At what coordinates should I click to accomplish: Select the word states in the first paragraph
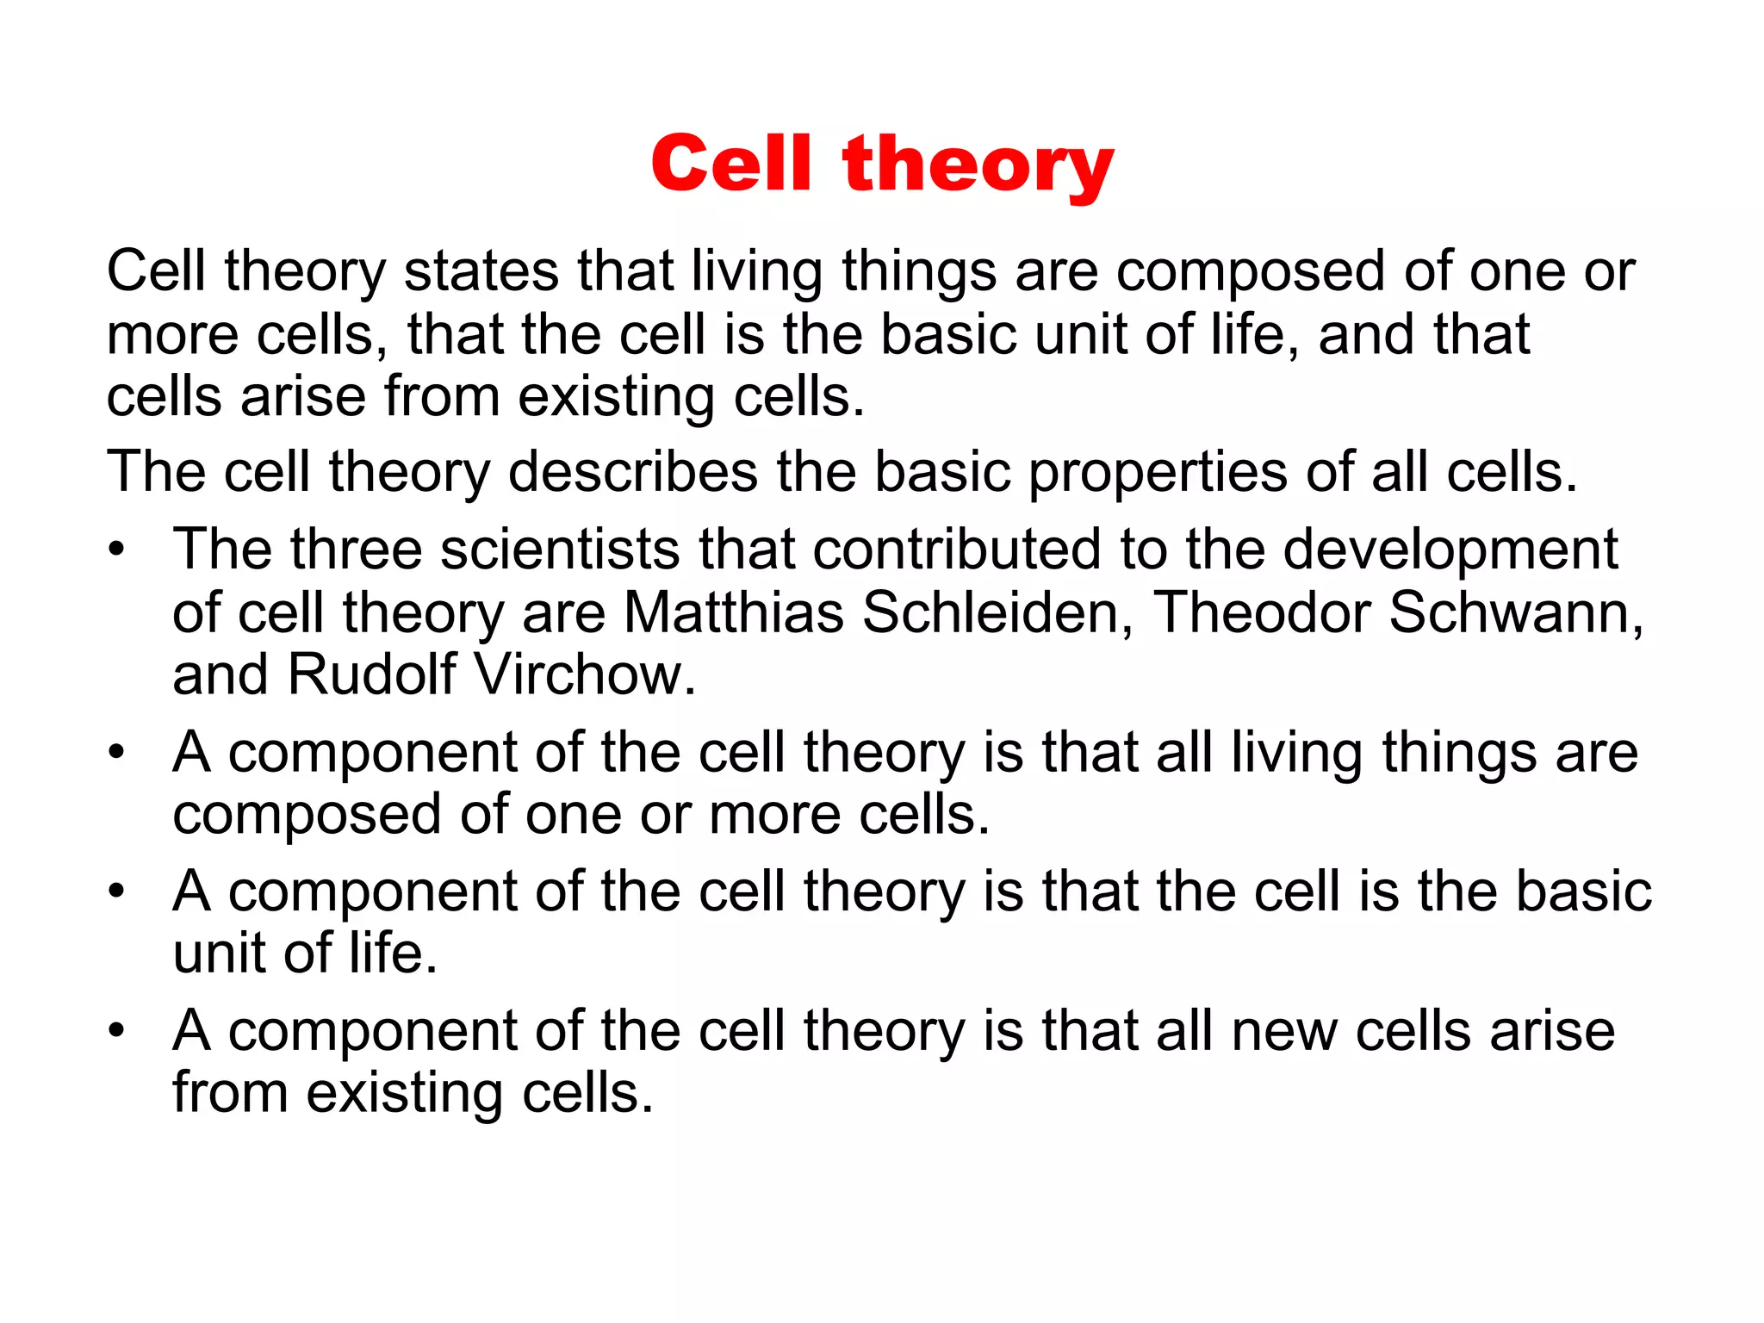pyautogui.click(x=481, y=271)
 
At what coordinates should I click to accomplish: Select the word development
pyautogui.click(x=1450, y=551)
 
